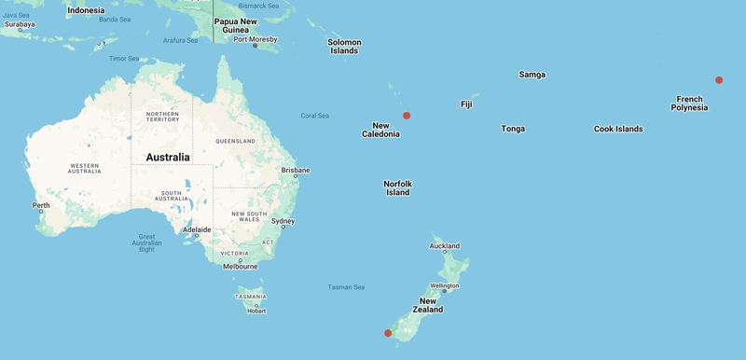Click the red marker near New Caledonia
[407, 116]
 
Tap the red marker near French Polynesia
[719, 80]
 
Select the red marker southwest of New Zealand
[388, 333]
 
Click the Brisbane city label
[296, 171]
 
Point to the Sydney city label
[283, 222]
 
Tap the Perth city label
[41, 205]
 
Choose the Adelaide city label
[197, 229]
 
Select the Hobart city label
[256, 311]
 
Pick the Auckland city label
[444, 246]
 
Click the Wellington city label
[444, 286]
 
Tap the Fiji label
[466, 104]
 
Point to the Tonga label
[513, 129]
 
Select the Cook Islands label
[618, 129]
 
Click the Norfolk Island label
[398, 188]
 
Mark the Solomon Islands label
[344, 47]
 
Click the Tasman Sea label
[346, 287]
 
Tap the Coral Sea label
[315, 116]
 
